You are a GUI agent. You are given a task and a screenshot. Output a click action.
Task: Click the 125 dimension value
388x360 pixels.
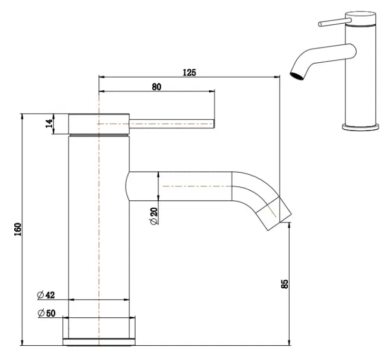point(189,72)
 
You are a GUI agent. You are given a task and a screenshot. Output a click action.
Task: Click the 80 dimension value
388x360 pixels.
point(156,87)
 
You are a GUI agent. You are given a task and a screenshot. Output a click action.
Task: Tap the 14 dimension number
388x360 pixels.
point(50,124)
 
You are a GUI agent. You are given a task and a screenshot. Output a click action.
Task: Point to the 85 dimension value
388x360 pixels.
point(285,284)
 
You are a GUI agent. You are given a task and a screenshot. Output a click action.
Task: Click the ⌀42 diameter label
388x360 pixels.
point(46,295)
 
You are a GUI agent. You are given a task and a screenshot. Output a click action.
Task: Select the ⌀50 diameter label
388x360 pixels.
point(46,313)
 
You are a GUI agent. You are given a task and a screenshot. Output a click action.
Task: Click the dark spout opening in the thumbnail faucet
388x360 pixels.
point(294,75)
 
